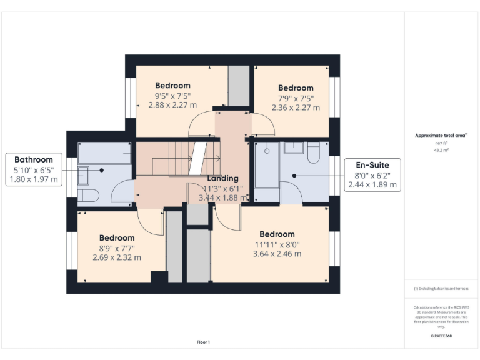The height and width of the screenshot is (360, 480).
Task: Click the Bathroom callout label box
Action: coord(34,169)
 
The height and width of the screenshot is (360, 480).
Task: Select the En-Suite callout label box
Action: coord(372,175)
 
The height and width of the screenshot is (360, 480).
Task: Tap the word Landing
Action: coord(223,178)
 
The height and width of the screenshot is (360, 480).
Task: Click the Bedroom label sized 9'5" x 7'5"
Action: coord(172,86)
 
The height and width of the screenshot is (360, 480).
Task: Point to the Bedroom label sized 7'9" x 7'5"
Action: coord(296,88)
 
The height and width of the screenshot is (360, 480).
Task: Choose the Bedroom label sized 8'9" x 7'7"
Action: coord(117,238)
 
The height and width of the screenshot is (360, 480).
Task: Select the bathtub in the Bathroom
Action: coord(104,153)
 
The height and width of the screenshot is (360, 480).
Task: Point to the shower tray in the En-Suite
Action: coord(267,165)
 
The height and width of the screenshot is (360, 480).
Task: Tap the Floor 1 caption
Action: coord(203,342)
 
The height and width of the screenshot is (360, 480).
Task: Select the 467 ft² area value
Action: coord(442,143)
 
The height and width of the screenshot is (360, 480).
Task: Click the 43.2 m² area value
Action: coord(442,150)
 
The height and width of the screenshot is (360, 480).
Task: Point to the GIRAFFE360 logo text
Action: coord(441,336)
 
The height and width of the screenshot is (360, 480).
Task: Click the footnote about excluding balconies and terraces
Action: coord(441,289)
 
